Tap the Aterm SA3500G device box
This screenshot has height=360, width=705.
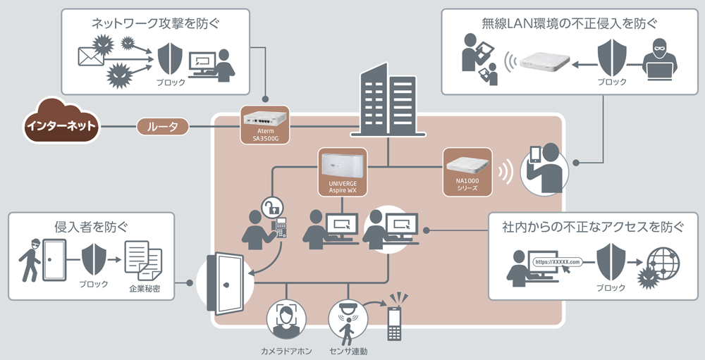coord(264,125)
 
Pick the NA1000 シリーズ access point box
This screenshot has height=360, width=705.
coord(467,172)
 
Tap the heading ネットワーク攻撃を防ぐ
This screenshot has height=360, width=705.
coord(156,24)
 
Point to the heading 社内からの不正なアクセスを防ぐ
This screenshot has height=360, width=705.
coord(592,227)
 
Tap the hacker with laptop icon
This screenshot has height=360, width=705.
coord(659,61)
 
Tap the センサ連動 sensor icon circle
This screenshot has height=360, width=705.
coord(348,320)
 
